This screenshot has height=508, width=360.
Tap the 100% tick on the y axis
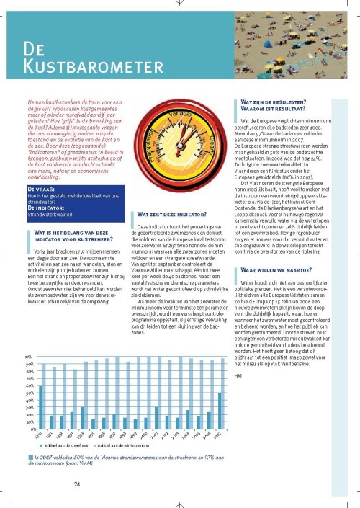[29, 357]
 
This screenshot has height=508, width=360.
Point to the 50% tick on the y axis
[29, 393]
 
